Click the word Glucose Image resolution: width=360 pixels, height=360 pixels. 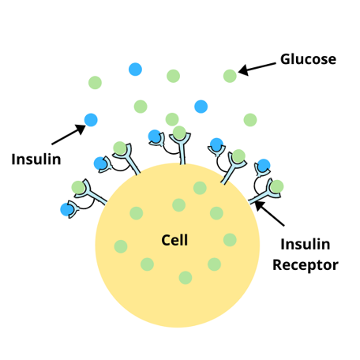click(308, 59)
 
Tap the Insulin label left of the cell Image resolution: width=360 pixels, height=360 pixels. click(36, 159)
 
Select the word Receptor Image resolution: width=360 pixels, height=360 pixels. click(306, 265)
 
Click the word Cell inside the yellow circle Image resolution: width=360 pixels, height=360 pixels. click(174, 240)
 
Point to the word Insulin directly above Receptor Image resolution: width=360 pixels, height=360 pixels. click(306, 244)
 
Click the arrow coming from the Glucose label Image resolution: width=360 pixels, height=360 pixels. click(257, 68)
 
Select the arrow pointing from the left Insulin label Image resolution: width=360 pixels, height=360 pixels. click(69, 134)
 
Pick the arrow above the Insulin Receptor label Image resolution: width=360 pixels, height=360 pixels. click(269, 213)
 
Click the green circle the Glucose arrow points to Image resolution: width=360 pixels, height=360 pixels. click(230, 76)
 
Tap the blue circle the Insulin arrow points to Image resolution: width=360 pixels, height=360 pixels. click(91, 120)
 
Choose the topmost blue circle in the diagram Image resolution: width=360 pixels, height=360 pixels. click(135, 69)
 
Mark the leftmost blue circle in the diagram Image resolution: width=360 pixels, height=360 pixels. click(67, 210)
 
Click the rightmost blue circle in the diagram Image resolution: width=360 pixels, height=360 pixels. click(264, 166)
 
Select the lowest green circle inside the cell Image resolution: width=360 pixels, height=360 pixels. click(186, 278)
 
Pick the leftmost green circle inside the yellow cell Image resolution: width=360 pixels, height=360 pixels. click(121, 246)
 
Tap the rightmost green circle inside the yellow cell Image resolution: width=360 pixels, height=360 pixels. click(230, 240)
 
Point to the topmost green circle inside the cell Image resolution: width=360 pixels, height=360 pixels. click(200, 188)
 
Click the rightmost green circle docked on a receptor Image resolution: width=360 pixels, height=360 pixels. click(277, 186)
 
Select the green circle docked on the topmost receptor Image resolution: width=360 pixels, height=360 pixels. click(179, 133)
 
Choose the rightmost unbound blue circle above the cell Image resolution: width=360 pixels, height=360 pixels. click(201, 107)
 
